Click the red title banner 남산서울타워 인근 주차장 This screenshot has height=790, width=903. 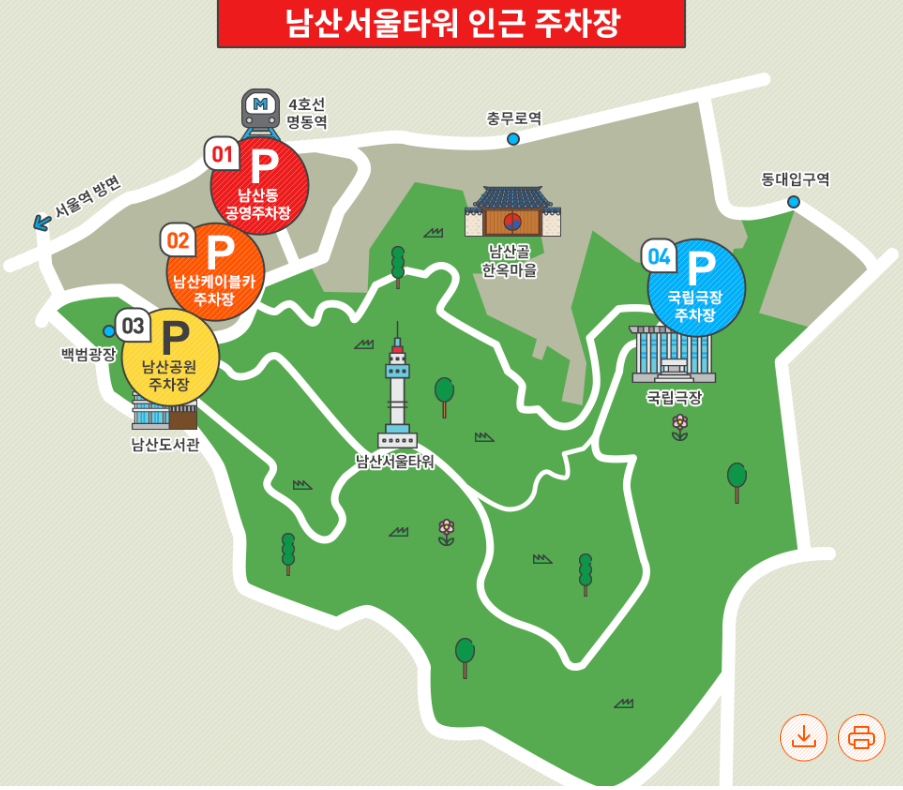451,23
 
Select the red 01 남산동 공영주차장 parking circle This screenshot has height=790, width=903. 259,186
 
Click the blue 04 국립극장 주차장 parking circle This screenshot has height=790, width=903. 696,287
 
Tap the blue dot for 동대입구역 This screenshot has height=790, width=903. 793,202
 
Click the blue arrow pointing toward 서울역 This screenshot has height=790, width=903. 42,222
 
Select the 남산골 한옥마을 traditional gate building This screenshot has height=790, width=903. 512,213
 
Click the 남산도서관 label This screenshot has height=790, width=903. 165,444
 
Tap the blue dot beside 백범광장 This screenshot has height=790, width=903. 109,331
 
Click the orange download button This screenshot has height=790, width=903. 804,737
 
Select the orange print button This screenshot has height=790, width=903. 861,737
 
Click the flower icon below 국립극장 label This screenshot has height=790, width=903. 680,427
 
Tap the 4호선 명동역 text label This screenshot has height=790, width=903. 307,113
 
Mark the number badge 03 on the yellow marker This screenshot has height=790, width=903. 133,325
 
